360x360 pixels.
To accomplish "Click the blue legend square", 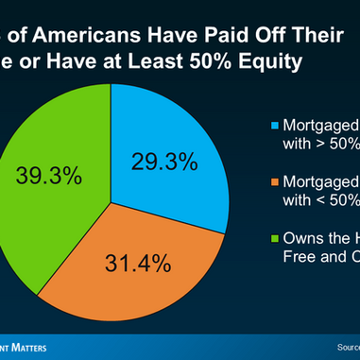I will coord(274,125).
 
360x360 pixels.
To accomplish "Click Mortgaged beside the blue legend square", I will coord(320,125).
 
